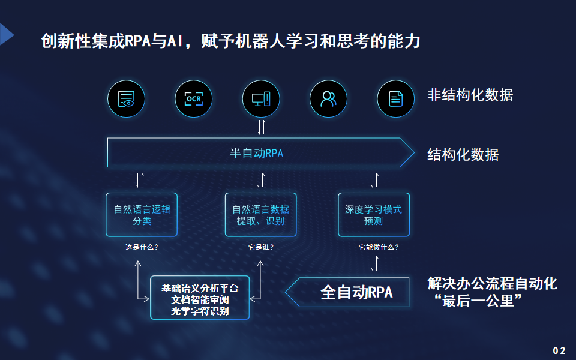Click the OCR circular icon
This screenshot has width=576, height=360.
[194, 99]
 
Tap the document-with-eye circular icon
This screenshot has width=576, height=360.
[127, 99]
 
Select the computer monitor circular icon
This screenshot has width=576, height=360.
[261, 99]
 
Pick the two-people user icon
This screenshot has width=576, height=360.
[328, 99]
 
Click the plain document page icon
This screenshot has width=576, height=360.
[395, 99]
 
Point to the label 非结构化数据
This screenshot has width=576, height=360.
[470, 95]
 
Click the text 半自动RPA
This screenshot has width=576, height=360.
[256, 153]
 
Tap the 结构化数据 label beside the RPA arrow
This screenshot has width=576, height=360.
[463, 155]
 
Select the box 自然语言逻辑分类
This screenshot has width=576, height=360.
[142, 215]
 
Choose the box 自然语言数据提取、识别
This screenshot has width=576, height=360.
[261, 215]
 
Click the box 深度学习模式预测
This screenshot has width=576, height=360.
[374, 215]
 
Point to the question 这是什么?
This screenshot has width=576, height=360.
[142, 247]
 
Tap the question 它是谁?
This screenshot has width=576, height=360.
[261, 247]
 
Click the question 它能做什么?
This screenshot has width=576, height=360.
[379, 247]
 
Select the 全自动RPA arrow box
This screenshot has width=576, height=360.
[347, 292]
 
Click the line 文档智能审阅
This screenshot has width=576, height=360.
[200, 300]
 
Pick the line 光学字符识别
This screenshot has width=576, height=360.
[200, 311]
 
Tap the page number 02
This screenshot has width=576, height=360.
[559, 350]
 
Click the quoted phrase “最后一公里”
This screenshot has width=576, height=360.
[478, 301]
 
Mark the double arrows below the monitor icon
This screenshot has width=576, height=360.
[261, 127]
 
